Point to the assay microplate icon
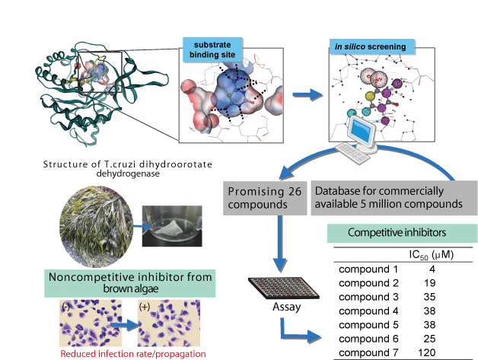(x=273, y=288)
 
